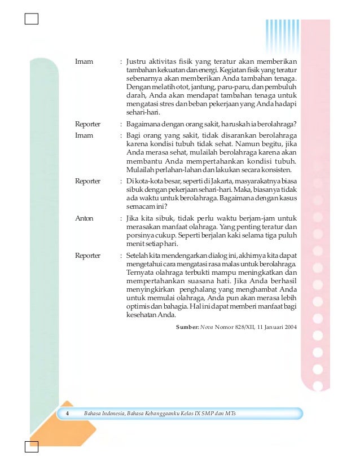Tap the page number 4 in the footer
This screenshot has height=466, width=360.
point(67,414)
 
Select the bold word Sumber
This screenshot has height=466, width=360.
point(187,327)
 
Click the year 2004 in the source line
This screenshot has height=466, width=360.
point(288,327)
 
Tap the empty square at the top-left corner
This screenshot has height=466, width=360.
point(32,19)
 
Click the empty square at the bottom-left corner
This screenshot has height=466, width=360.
point(32,447)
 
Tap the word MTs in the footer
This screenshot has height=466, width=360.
point(229,414)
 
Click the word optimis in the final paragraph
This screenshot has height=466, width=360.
point(139,307)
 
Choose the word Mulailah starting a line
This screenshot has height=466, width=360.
point(141,169)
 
